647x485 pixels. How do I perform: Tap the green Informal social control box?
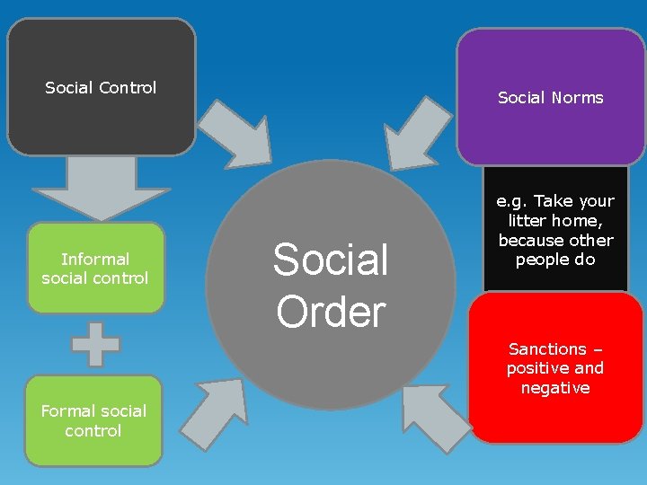click(95, 269)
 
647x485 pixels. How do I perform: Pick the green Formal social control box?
click(93, 420)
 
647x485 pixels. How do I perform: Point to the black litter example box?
click(555, 230)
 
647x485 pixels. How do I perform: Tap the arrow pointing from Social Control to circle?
click(235, 129)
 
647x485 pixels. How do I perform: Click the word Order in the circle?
click(331, 311)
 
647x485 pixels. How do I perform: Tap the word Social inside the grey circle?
click(331, 260)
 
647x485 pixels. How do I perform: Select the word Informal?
click(95, 259)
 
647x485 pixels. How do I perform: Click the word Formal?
click(69, 410)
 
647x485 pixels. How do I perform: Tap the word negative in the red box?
click(555, 388)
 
